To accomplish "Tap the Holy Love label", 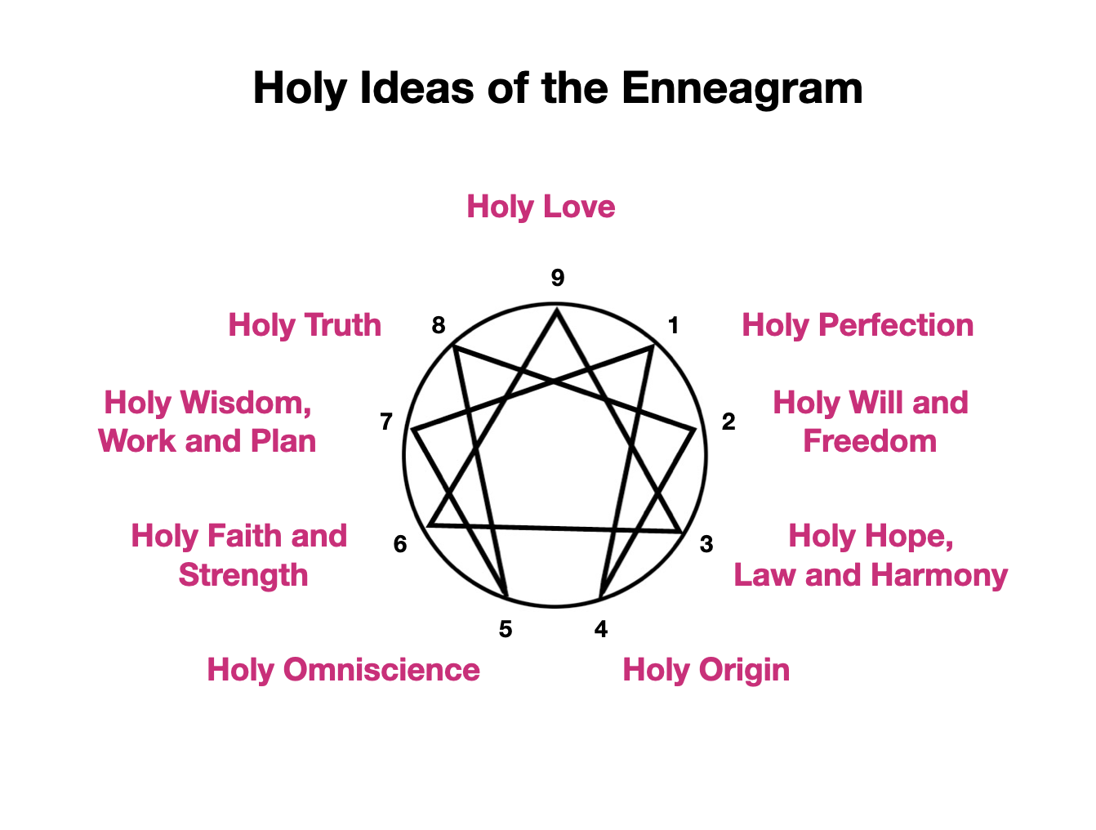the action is pos(541,207).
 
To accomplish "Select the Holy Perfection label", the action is pos(858,325).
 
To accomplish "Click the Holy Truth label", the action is pos(305,325).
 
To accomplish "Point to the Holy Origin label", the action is pos(706,670).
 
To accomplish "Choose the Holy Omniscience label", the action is pos(343,670).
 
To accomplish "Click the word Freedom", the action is pos(870,441).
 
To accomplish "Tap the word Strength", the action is pos(243,575).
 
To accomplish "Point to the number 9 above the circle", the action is pos(558,279).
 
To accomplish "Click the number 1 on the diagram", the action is pos(673,326).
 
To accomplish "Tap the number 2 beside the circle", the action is pos(728,422).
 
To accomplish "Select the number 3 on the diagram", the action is pos(706,544).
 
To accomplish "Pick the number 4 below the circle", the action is pos(601,629).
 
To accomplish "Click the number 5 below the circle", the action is pos(506,629).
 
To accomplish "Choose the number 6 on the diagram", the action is pos(400,544).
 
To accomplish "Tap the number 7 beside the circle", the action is pos(386,422).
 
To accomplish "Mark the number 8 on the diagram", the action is pos(439,326).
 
